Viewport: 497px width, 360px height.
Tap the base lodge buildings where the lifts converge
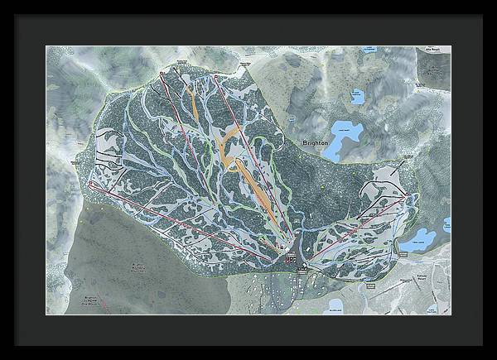tap(290, 259)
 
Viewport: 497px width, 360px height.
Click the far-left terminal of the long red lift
tap(89, 185)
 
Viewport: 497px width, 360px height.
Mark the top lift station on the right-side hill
tap(408, 195)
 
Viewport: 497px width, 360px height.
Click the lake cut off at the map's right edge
tap(446, 224)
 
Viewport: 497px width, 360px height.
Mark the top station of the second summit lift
tap(216, 77)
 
